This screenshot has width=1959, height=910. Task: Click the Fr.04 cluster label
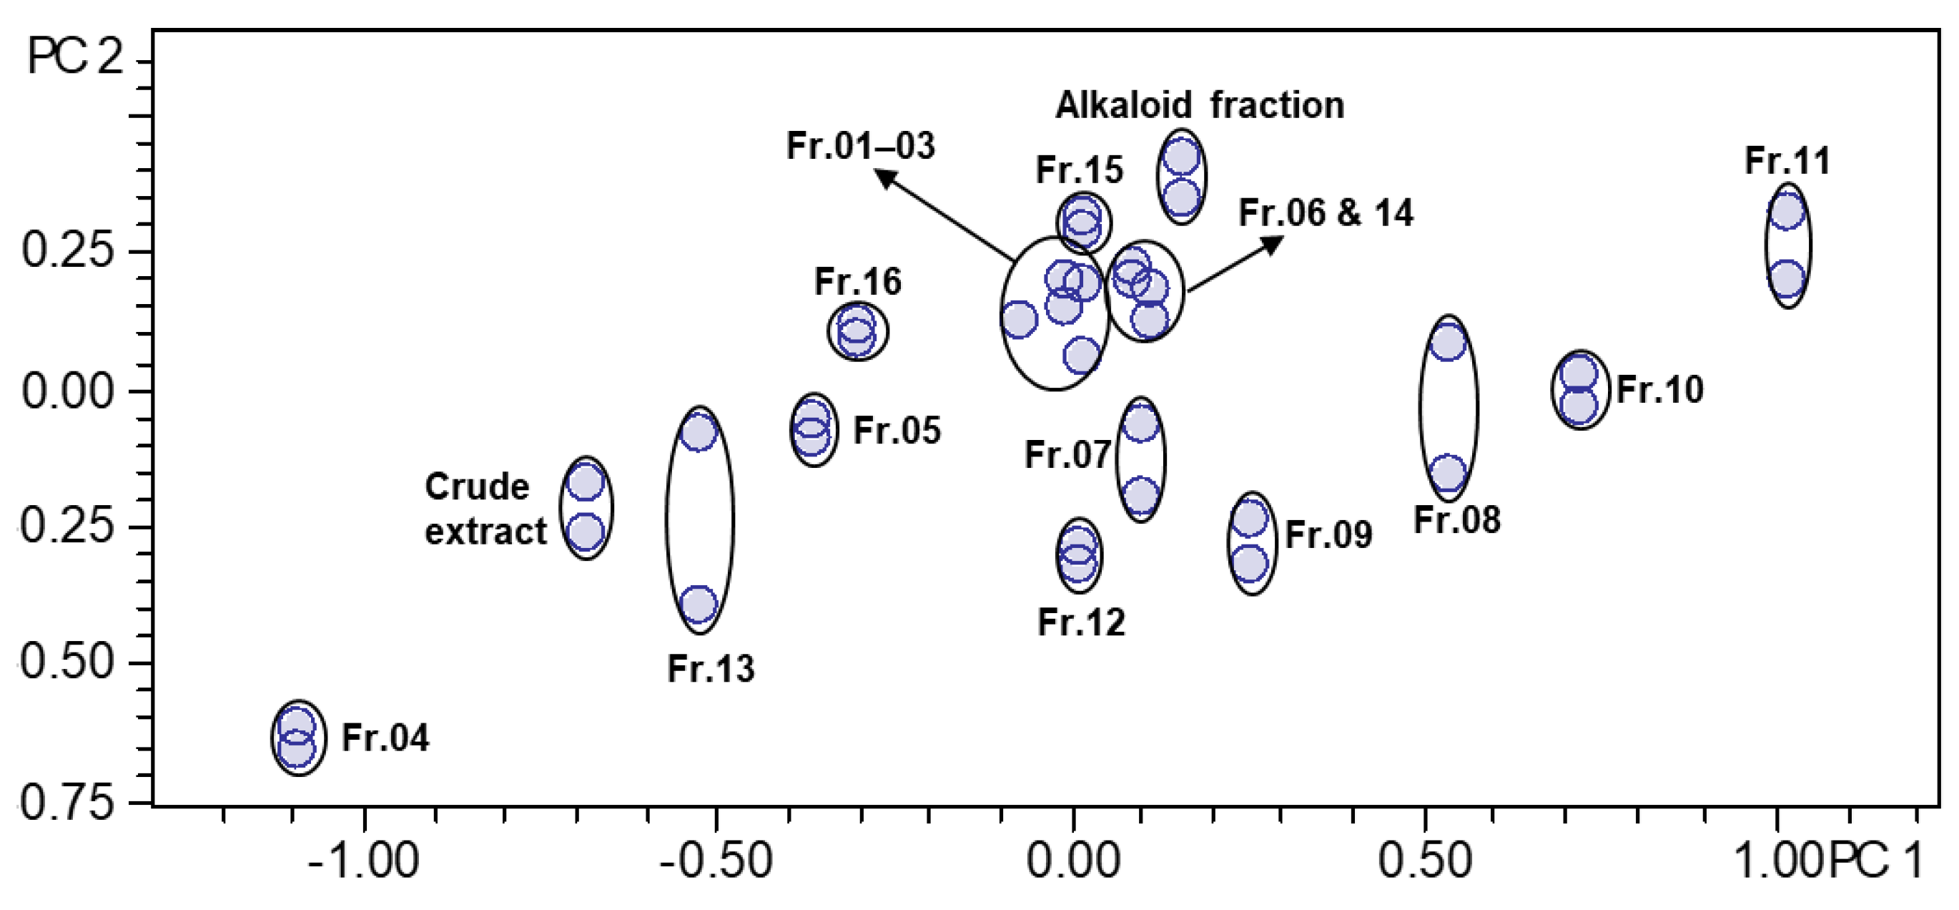[x=385, y=738]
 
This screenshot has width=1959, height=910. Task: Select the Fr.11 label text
[x=1787, y=161]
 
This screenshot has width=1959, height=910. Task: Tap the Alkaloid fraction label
[x=1199, y=105]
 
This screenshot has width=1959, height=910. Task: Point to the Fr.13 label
[x=710, y=669]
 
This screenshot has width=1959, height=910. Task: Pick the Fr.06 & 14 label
[x=1326, y=213]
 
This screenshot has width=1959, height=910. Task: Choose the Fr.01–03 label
[x=860, y=146]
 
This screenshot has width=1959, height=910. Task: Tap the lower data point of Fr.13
[x=698, y=604]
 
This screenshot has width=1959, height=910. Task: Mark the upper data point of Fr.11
[x=1787, y=211]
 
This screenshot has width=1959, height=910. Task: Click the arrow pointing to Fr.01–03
[x=943, y=214]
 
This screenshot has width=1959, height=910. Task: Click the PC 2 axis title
[x=74, y=57]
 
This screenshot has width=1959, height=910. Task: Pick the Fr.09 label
[x=1328, y=535]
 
